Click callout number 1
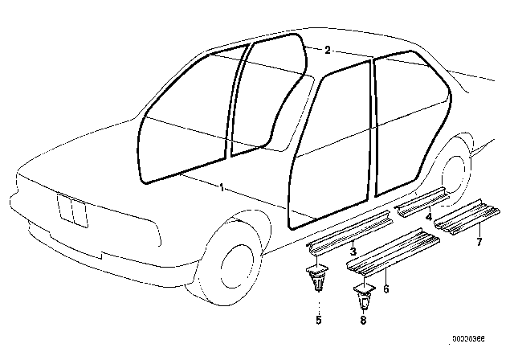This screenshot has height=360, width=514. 222,187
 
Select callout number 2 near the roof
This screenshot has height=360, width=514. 327,50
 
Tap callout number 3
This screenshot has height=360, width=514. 353,252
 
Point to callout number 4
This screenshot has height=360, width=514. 429,216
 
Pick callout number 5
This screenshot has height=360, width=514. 319,320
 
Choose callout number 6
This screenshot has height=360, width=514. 385,288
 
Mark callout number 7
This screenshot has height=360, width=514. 479,242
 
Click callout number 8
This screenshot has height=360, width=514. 363,320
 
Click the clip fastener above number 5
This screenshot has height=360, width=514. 317,278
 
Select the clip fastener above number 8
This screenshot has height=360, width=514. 364,297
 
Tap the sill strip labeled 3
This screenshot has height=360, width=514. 350,232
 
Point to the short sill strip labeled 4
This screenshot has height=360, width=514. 422,202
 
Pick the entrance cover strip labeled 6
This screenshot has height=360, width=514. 394,251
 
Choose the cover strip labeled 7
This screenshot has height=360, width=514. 467,217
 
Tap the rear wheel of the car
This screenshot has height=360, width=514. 455,170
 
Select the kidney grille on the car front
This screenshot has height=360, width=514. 72,211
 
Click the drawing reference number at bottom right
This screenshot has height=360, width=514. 469,338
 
